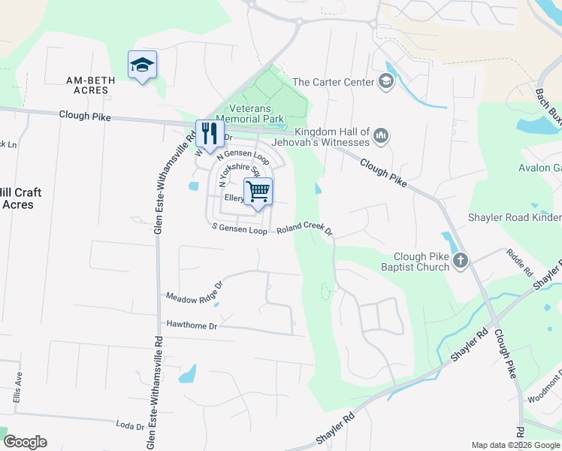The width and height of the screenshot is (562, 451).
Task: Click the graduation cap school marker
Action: (141, 65)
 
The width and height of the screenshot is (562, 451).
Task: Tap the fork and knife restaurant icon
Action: (208, 134)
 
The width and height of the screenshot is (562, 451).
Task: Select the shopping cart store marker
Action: (258, 191)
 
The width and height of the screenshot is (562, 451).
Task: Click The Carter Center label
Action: (333, 82)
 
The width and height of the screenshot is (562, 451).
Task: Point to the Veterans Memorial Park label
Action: (250, 114)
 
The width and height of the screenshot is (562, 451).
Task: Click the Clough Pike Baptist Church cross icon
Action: (460, 261)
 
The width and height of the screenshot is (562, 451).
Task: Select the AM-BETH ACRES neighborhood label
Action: (87, 85)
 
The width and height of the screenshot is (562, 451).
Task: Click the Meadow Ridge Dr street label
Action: (195, 293)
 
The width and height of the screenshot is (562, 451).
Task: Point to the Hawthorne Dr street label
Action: (192, 325)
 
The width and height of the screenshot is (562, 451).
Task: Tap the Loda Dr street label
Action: (130, 426)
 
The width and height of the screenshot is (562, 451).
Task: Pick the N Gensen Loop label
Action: (243, 158)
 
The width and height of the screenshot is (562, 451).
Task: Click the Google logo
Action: (25, 442)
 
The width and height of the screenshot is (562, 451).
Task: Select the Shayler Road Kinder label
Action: (515, 218)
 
